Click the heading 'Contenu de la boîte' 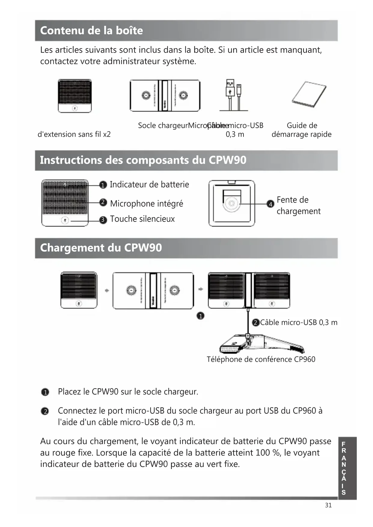(91, 31)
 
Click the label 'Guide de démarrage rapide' (301, 130)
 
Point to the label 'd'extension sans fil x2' (74, 134)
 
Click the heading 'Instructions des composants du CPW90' (143, 160)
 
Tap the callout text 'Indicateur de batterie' (149, 184)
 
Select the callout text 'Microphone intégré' (146, 204)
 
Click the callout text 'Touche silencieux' (142, 219)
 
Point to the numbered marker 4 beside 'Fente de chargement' (271, 204)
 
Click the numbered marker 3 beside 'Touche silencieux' (103, 220)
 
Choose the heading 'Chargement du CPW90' (101, 248)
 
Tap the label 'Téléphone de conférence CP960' (261, 359)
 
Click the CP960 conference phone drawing (261, 344)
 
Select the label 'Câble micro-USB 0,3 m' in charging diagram (298, 323)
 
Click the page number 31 (328, 505)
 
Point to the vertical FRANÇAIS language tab (347, 468)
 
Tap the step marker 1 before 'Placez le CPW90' (45, 392)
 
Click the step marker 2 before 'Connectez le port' (45, 411)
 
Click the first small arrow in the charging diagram (107, 291)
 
